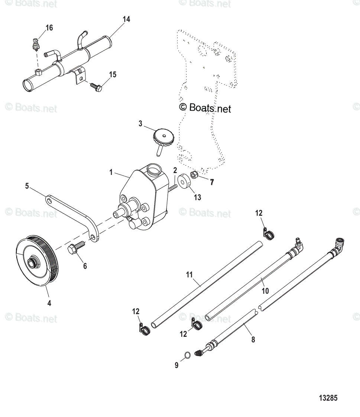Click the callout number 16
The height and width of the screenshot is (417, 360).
pyautogui.click(x=49, y=28)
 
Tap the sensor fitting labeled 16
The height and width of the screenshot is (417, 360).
pyautogui.click(x=36, y=44)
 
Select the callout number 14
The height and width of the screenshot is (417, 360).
pyautogui.click(x=126, y=19)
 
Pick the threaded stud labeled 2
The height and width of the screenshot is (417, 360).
pyautogui.click(x=172, y=188)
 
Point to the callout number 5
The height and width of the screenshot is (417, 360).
pyautogui.click(x=27, y=186)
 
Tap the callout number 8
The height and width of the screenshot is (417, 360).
pyautogui.click(x=253, y=339)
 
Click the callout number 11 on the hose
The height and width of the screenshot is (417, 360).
pyautogui.click(x=189, y=275)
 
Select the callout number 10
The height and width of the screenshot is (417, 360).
pyautogui.click(x=265, y=291)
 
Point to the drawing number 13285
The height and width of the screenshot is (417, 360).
pyautogui.click(x=328, y=398)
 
